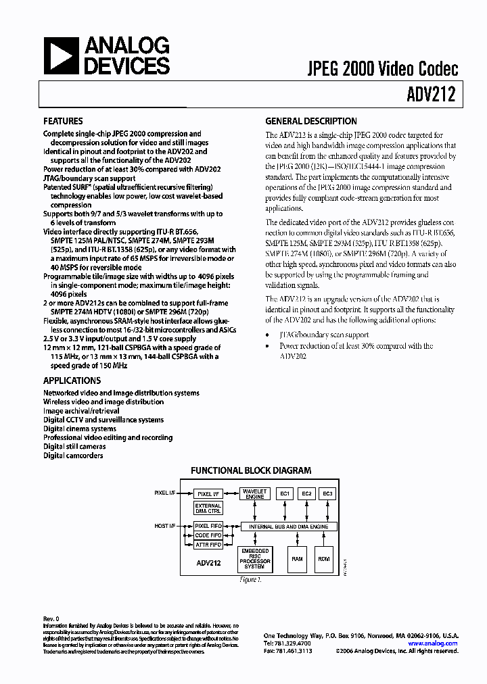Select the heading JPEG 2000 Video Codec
pos(384,68)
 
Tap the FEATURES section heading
pos(64,122)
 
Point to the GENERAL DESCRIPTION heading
pos(310,122)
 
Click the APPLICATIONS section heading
pos(72,381)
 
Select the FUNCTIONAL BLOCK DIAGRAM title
pos(250,470)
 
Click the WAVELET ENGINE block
pos(254,494)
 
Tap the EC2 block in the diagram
pos(306,494)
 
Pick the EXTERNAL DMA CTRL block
pos(208,509)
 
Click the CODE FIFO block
pos(208,535)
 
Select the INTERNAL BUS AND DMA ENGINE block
pos(289,526)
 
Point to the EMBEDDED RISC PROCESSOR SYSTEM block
pos(255,558)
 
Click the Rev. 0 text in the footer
pos(51,619)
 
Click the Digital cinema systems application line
pos(80,429)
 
